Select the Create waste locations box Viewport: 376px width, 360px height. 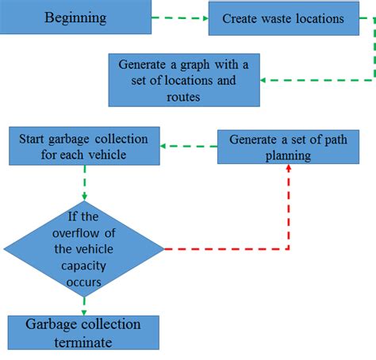pos(283,18)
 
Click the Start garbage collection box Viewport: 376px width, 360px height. pos(85,146)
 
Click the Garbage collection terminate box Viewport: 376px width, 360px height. pos(83,333)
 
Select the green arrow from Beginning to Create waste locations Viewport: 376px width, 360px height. pos(179,17)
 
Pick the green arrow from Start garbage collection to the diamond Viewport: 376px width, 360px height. pos(84,182)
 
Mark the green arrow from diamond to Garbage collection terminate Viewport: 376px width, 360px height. pos(83,304)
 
